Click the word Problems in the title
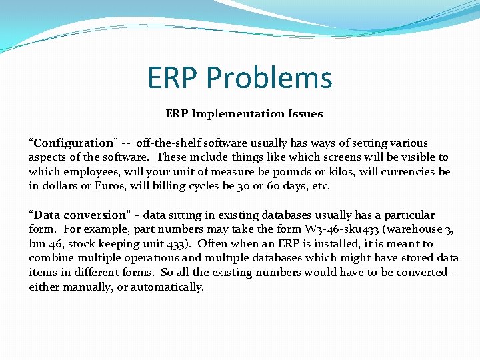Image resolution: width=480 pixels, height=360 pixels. [x=269, y=78]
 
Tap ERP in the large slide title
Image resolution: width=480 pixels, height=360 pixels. [x=173, y=78]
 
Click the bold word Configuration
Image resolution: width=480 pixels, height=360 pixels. [x=73, y=143]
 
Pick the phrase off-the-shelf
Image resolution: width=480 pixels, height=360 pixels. [x=167, y=143]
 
